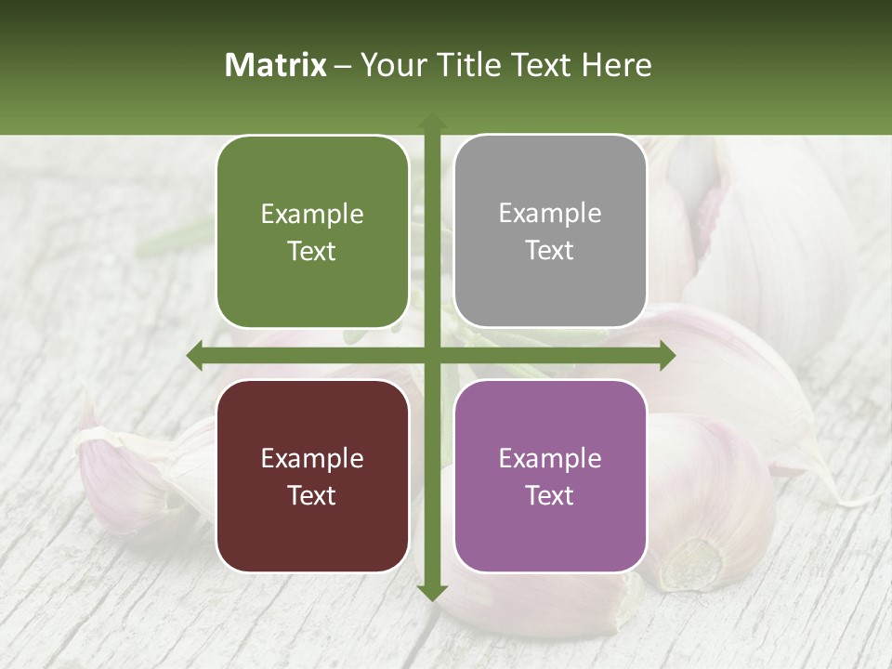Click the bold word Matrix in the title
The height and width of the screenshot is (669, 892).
(x=276, y=65)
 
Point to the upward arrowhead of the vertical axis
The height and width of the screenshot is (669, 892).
(x=432, y=121)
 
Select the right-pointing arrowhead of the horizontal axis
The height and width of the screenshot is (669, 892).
(x=666, y=356)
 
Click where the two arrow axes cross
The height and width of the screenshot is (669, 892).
(x=432, y=356)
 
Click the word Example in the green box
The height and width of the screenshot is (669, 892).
(x=312, y=215)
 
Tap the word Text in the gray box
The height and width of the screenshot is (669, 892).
(x=550, y=250)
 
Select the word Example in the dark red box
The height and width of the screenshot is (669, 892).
(x=312, y=459)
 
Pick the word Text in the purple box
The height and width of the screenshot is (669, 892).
(x=550, y=495)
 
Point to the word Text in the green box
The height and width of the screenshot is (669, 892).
(x=312, y=251)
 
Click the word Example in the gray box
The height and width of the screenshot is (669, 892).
(x=550, y=214)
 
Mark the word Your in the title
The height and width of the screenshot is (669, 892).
(x=386, y=65)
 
